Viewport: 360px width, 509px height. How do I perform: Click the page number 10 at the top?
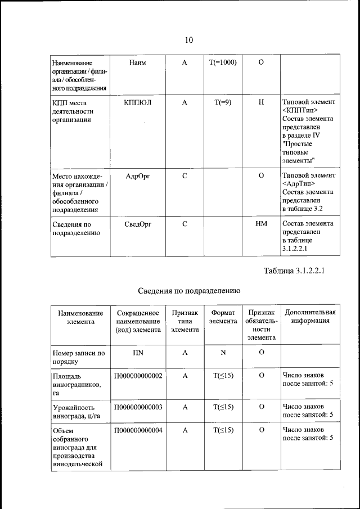point(188,40)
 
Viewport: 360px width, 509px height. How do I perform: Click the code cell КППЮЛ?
point(138,103)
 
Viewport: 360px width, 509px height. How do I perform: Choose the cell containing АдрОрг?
point(138,176)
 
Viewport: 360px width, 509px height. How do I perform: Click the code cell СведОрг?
point(138,223)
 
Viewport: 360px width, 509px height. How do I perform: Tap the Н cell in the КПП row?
point(261,103)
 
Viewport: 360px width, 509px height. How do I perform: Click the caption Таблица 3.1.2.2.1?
point(295,271)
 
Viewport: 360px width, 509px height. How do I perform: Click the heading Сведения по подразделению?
point(190,291)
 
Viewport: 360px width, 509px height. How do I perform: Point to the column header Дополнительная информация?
point(310,317)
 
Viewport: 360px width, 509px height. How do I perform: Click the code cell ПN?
point(138,353)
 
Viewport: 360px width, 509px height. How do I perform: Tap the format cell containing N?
point(223,353)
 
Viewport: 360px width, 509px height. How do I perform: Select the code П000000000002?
point(138,375)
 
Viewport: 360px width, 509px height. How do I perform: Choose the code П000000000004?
point(138,430)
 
